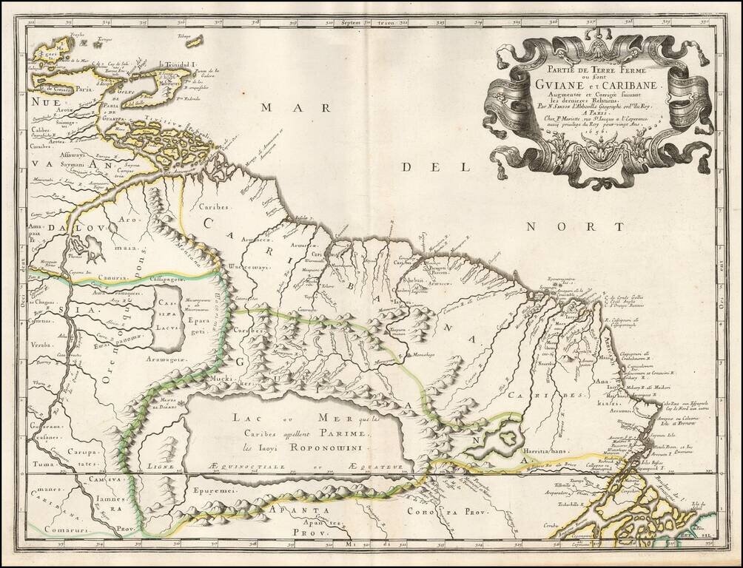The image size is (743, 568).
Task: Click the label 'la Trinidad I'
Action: point(177,64)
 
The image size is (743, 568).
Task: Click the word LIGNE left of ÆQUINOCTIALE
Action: point(161,467)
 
